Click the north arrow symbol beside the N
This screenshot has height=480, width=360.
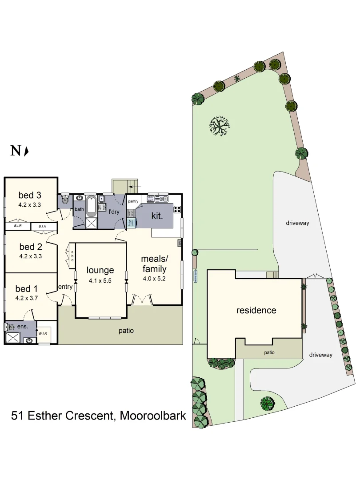(27, 152)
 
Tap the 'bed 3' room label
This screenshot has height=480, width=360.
(30, 195)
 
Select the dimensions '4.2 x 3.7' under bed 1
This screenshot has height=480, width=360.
(30, 298)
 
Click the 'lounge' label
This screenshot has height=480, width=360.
(100, 270)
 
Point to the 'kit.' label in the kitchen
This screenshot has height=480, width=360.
(157, 215)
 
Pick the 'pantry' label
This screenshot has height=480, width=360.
(134, 201)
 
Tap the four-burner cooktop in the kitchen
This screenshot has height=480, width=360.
(177, 209)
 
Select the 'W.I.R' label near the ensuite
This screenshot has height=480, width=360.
(43, 333)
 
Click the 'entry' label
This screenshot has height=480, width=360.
(65, 287)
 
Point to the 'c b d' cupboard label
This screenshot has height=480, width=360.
(72, 256)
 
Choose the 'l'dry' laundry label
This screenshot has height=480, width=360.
(115, 212)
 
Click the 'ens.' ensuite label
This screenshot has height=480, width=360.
(23, 326)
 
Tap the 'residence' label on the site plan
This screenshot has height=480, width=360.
(256, 310)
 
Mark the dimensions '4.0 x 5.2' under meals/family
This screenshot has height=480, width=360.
(154, 279)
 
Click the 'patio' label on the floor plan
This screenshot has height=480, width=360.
(126, 331)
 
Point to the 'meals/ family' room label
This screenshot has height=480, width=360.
(154, 264)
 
